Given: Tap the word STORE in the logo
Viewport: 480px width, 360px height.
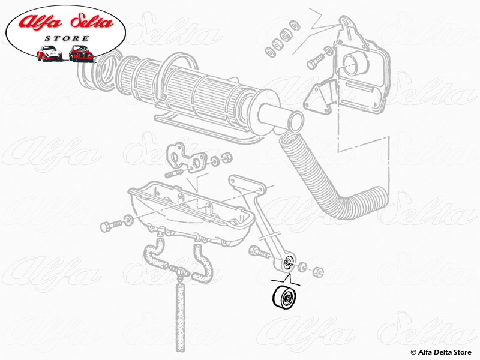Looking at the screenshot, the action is (x=67, y=38).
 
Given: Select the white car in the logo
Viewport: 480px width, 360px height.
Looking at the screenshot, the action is (x=49, y=53).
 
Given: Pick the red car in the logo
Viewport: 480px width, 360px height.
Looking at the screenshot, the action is (x=81, y=53).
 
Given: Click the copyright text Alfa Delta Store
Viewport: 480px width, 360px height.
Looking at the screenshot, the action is (x=441, y=352).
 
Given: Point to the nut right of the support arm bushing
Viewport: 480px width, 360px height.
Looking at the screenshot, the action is (x=319, y=271).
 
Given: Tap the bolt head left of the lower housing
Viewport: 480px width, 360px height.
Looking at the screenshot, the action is (x=106, y=227).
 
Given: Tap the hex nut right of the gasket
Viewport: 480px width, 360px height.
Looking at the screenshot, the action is (x=227, y=158).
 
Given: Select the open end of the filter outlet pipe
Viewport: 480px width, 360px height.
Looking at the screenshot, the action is (x=295, y=122).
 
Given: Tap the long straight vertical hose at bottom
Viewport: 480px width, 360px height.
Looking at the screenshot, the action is (x=181, y=317).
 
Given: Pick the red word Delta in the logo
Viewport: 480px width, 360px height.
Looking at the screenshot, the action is (x=92, y=22).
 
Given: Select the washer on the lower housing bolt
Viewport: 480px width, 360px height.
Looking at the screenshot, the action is (x=128, y=220).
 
